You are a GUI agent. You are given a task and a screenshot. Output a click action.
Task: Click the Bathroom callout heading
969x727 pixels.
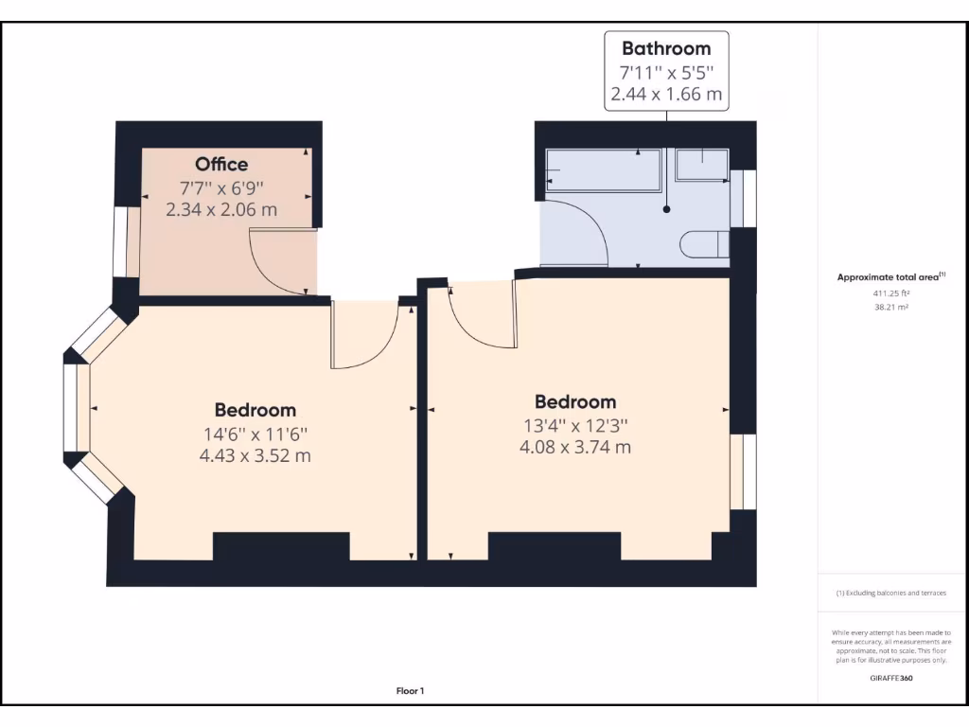pos(665,48)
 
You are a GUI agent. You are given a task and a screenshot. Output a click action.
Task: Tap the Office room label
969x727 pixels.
pos(221,165)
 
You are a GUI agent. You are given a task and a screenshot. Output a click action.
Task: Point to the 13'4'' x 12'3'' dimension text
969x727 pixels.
pos(574,425)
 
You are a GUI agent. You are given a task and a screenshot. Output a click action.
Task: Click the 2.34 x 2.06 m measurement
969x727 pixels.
pos(221,210)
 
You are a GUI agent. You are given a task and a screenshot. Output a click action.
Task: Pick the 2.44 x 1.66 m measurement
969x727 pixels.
pos(665,94)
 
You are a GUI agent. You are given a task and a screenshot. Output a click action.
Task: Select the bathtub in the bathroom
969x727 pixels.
pos(603,170)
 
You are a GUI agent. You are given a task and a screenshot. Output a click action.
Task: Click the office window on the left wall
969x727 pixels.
pos(120,242)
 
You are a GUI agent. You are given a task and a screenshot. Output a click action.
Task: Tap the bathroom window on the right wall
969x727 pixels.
pos(749,199)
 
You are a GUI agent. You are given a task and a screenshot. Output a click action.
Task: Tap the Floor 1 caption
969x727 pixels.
pos(410,691)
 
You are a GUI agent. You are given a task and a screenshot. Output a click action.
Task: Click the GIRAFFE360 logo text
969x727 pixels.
pos(890,678)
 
